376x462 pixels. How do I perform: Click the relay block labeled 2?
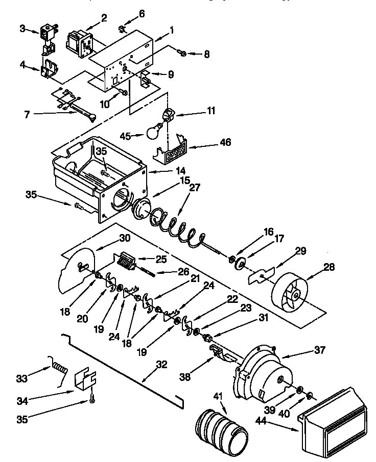(x=79, y=42)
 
